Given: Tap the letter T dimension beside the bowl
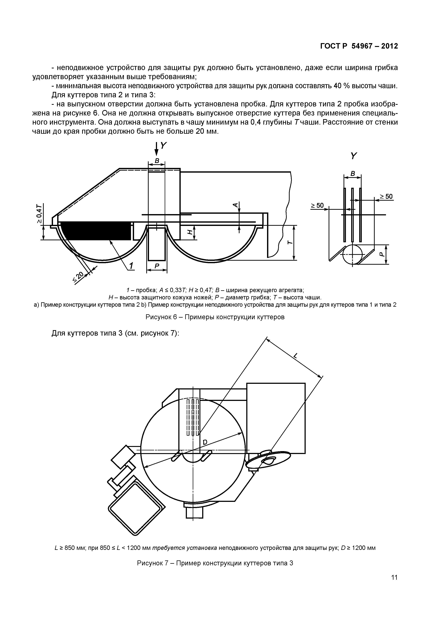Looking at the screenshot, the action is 290,242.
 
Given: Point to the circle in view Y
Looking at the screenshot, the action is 353,254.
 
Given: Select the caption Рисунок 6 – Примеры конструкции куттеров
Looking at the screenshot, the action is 215,317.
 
